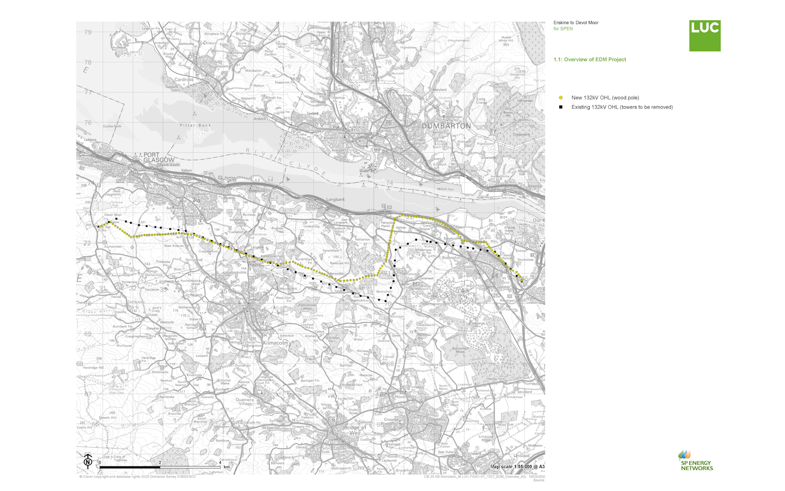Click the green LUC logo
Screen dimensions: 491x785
[705, 36]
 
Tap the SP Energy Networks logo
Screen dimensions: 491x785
[696, 461]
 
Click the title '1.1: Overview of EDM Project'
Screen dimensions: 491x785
[590, 59]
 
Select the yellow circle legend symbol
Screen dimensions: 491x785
[561, 98]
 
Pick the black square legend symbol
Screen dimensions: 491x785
[561, 107]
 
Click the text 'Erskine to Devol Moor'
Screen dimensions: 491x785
[576, 23]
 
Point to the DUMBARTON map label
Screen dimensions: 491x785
[446, 126]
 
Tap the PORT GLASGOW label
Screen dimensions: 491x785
[158, 157]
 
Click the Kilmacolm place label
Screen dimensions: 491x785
[276, 343]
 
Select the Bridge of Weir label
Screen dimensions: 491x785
[355, 430]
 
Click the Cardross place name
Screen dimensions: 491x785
[184, 80]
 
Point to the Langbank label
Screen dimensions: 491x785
[336, 199]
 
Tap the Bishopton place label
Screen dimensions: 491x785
[451, 257]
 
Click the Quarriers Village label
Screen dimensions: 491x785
[244, 402]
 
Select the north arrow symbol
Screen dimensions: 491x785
[88, 460]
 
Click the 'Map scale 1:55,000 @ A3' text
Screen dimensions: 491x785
[517, 466]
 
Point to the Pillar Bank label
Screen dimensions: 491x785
[195, 125]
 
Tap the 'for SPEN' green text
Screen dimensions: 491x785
[563, 28]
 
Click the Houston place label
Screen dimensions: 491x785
[403, 397]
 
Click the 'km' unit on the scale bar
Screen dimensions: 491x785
[227, 467]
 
